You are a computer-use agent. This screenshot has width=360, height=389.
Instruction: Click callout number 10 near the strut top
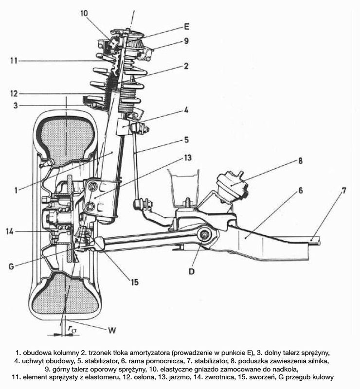tap(84, 13)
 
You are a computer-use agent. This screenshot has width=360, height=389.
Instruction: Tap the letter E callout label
tap(187, 27)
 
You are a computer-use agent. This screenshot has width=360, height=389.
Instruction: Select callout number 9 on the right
tap(186, 41)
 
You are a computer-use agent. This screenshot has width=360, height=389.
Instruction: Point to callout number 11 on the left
tap(14, 60)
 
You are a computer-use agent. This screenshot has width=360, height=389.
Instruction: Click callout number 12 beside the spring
tap(14, 94)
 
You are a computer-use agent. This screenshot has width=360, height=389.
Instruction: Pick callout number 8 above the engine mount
tap(301, 161)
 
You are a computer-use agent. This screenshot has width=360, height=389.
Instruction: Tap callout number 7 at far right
tap(343, 191)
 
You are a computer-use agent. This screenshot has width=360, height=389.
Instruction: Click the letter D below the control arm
tap(191, 271)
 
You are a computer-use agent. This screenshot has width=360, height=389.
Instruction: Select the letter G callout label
tap(11, 266)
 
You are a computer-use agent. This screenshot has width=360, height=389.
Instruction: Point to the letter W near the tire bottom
tap(112, 331)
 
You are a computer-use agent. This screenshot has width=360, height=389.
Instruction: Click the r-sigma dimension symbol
tap(72, 329)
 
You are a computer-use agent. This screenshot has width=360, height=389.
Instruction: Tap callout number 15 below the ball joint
tap(135, 282)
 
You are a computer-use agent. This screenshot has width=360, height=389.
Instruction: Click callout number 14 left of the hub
tap(10, 231)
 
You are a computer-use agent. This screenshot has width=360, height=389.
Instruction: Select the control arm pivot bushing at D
tap(204, 234)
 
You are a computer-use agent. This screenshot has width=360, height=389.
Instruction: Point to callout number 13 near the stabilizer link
tap(188, 158)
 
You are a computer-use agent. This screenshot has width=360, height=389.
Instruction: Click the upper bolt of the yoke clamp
tap(92, 186)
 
